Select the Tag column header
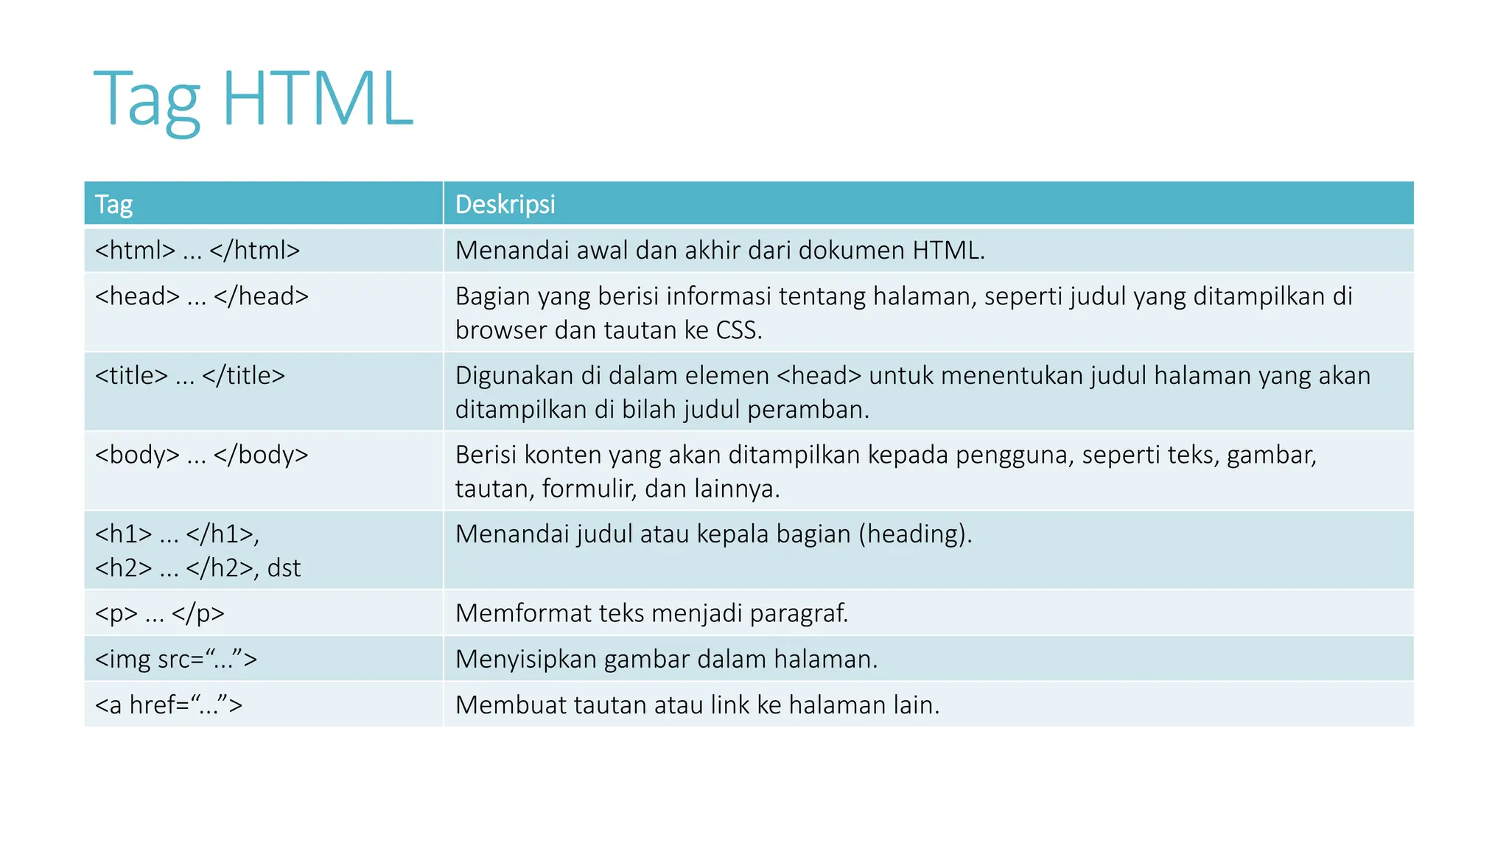click(x=114, y=204)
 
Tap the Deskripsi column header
click(x=505, y=204)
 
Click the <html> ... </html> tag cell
click(x=197, y=251)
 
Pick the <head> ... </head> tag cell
click(x=202, y=296)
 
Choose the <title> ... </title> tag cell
click(x=190, y=376)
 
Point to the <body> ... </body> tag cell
click(x=202, y=455)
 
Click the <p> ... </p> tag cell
click(x=160, y=613)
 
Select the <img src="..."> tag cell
click(x=176, y=659)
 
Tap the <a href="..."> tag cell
click(x=169, y=705)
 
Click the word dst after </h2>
click(x=284, y=568)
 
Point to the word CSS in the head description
click(x=738, y=330)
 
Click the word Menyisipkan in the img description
click(x=526, y=659)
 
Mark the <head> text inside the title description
click(x=819, y=376)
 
